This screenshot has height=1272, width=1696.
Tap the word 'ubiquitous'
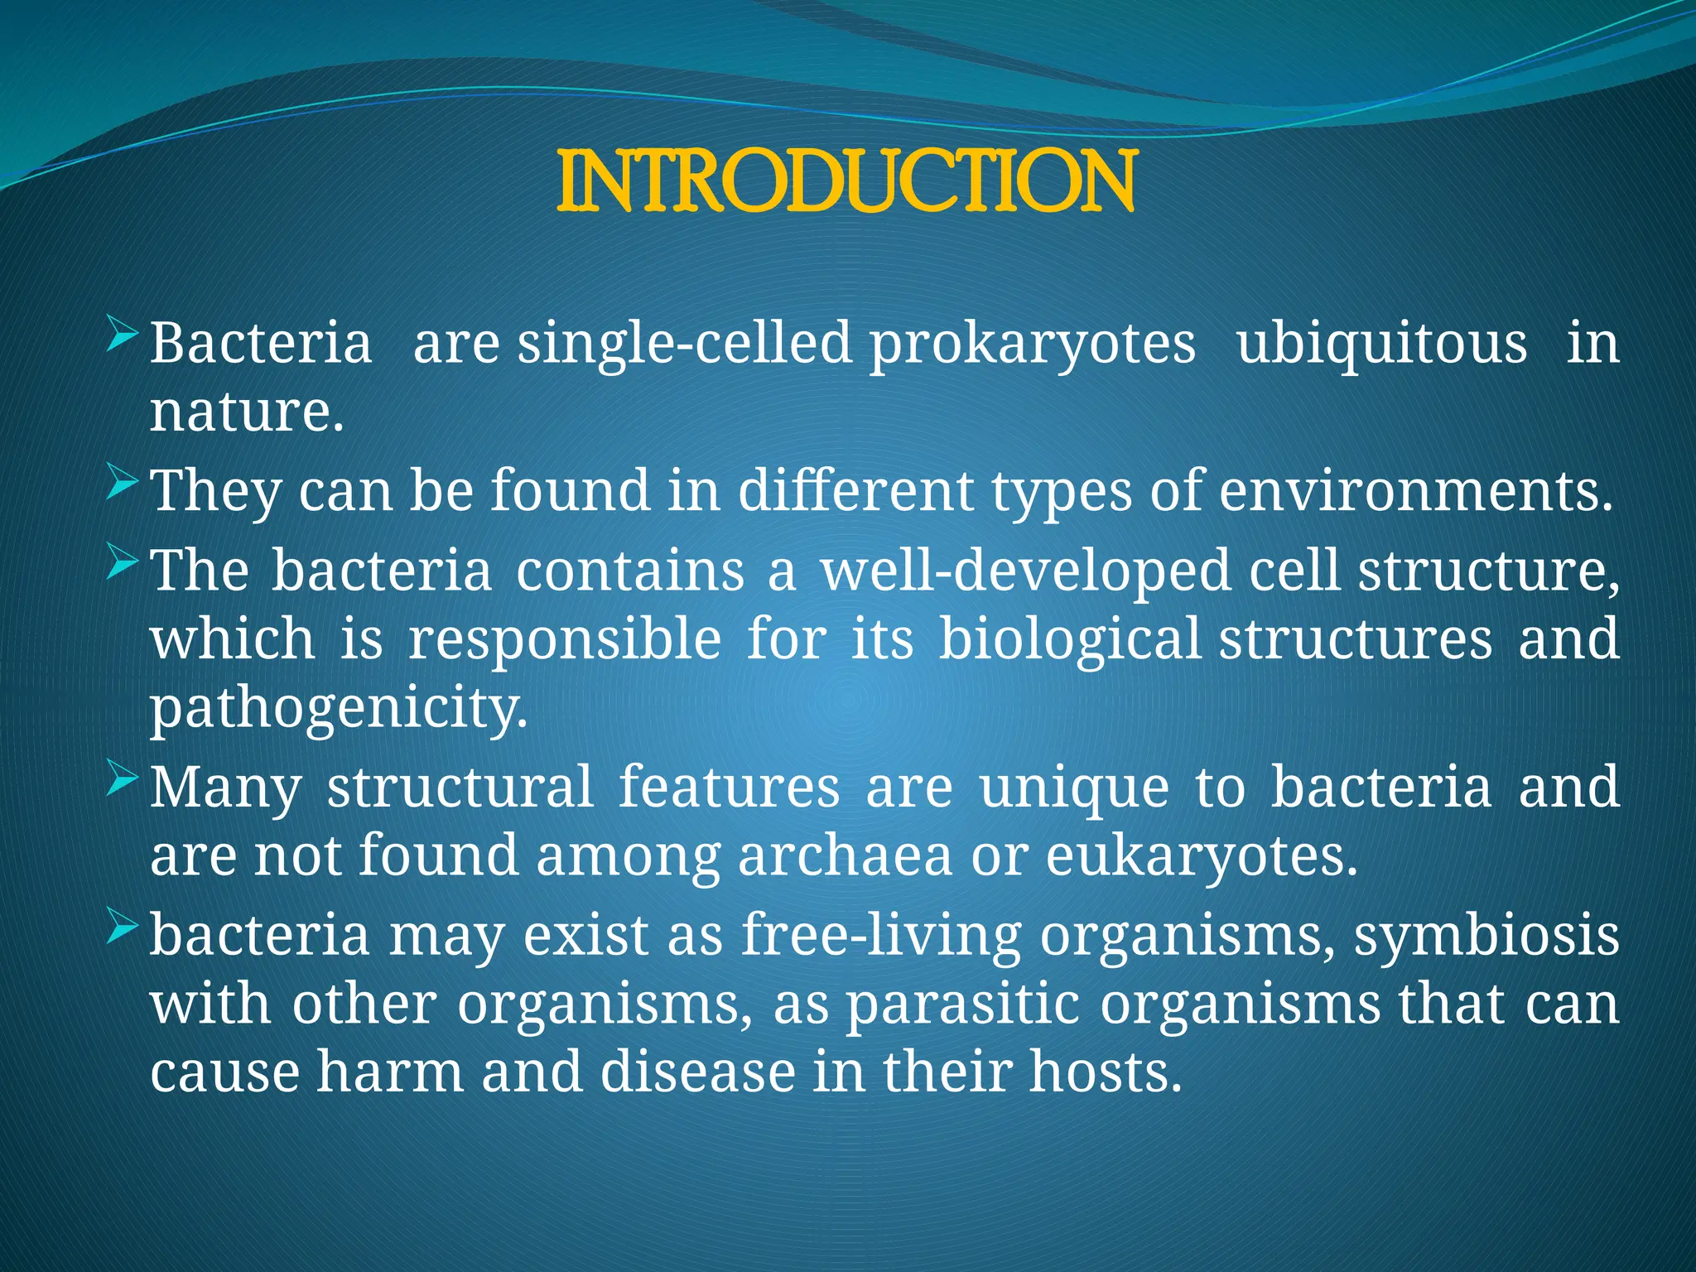tap(1381, 344)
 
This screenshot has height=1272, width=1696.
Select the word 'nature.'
tap(246, 412)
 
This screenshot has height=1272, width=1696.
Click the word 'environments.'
tap(1415, 490)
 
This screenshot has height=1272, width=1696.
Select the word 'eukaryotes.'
tap(1202, 858)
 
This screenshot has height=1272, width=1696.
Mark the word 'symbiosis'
tap(1486, 936)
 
